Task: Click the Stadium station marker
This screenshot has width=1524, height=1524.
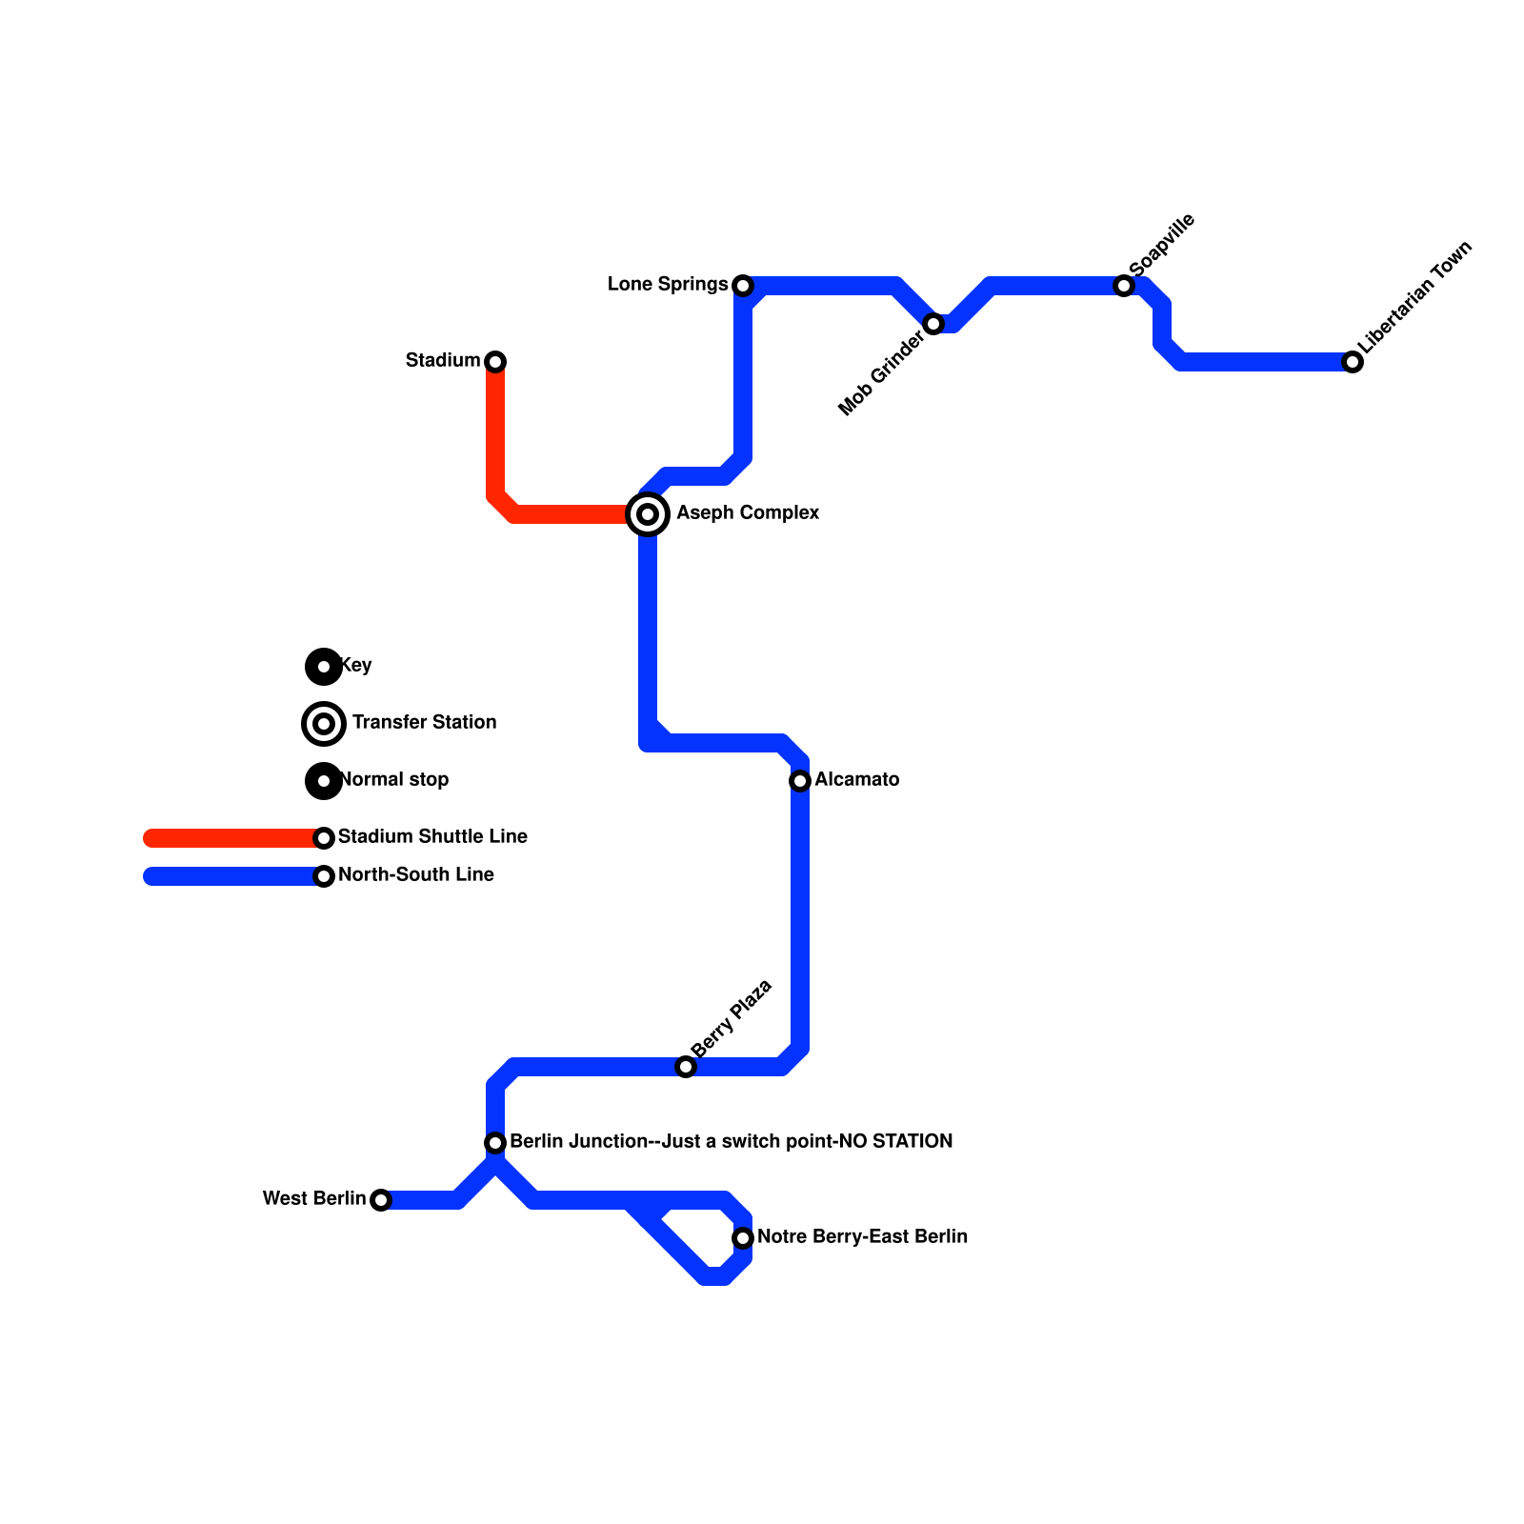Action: [495, 362]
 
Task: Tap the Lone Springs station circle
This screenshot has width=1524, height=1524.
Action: [743, 286]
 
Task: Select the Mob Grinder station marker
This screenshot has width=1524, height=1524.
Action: [933, 324]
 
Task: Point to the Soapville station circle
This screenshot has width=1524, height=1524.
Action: [1124, 286]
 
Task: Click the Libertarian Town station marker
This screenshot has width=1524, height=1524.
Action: [1353, 362]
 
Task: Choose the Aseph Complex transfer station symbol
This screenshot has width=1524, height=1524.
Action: [648, 514]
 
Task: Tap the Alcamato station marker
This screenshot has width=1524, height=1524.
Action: [800, 781]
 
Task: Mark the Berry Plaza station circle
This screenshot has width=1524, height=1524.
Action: [686, 1067]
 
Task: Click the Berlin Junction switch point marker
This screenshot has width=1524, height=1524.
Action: [495, 1143]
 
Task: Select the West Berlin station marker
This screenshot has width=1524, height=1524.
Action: [381, 1200]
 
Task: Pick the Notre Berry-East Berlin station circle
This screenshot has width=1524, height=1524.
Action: [743, 1238]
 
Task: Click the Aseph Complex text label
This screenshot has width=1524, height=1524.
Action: [748, 513]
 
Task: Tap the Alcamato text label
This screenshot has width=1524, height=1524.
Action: [856, 780]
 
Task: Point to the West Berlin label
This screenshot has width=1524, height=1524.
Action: [313, 1198]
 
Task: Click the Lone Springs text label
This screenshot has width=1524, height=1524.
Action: [667, 285]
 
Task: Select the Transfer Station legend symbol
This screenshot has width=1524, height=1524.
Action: [324, 724]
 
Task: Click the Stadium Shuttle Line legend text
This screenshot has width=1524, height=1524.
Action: [432, 837]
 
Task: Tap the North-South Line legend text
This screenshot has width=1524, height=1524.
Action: [416, 875]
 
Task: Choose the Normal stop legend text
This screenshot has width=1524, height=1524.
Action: [395, 780]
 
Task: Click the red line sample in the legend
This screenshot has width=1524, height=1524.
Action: [229, 838]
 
